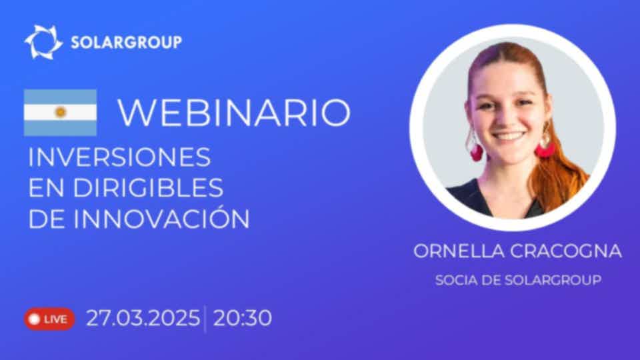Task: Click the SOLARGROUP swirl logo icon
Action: tap(43, 42)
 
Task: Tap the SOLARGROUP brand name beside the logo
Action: tap(127, 43)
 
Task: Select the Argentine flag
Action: tap(61, 112)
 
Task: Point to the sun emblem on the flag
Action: tap(61, 112)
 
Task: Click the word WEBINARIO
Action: tap(234, 112)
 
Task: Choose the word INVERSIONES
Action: tap(119, 157)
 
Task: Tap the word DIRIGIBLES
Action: tap(148, 188)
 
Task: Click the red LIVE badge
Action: tap(49, 319)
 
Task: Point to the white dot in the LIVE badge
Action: tap(35, 319)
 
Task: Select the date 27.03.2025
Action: tap(143, 318)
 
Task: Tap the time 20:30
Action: tap(243, 318)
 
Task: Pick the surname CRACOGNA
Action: tap(566, 251)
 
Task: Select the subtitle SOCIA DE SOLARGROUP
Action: tap(518, 280)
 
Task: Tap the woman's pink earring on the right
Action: tap(545, 148)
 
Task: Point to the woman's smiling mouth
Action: tap(508, 136)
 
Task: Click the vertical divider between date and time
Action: tap(205, 319)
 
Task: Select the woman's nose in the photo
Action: tap(507, 115)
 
